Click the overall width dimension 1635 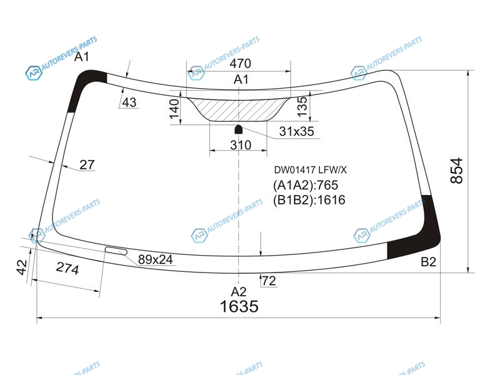point(239,306)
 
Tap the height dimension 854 point(457,171)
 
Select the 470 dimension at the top point(240,64)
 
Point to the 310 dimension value point(241,145)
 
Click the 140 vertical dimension point(174,109)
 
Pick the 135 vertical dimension point(302,106)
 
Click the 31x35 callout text point(296,131)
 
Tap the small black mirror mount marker point(239,129)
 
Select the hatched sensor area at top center point(239,109)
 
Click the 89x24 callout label point(155,259)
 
